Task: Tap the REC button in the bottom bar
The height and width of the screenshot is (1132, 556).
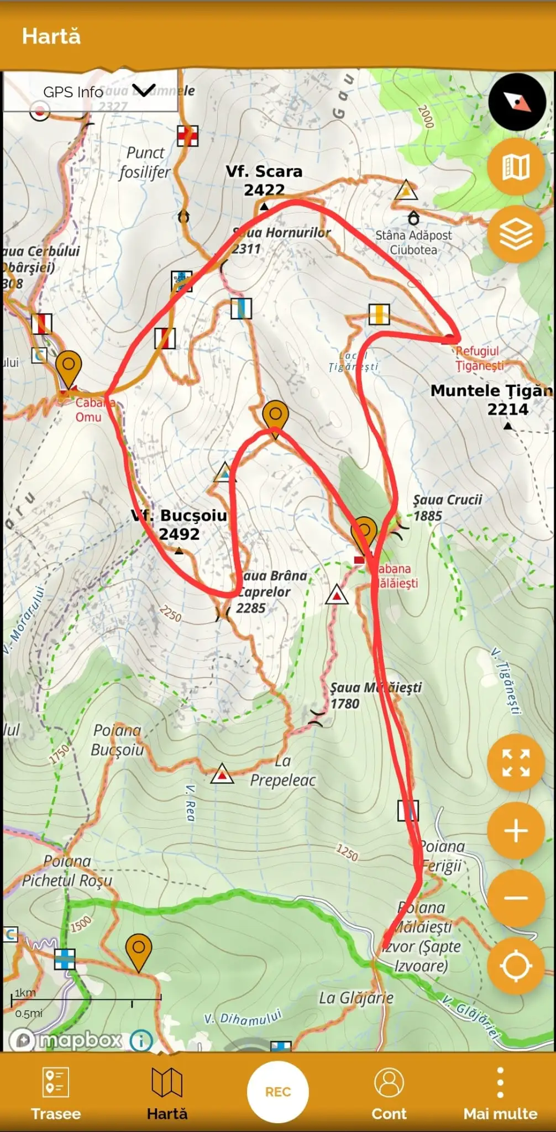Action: click(277, 1092)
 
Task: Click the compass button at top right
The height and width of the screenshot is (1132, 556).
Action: click(517, 102)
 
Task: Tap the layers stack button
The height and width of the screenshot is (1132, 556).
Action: click(516, 234)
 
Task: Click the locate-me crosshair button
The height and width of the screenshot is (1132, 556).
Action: click(516, 966)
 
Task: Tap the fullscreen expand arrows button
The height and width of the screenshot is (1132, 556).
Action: click(516, 763)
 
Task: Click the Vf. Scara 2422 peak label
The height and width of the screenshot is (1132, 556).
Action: click(264, 180)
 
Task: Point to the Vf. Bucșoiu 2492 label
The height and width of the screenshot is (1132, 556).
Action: click(180, 524)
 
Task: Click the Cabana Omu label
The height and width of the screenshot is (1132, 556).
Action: click(91, 410)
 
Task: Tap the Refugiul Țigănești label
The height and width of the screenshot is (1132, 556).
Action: click(479, 358)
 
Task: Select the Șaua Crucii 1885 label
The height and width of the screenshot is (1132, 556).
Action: click(447, 507)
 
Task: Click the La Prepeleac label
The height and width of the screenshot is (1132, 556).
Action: click(283, 771)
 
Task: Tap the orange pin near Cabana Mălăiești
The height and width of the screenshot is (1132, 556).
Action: click(364, 532)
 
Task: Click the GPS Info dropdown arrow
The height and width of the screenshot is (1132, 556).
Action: click(144, 91)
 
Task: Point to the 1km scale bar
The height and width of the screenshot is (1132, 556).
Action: click(86, 998)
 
